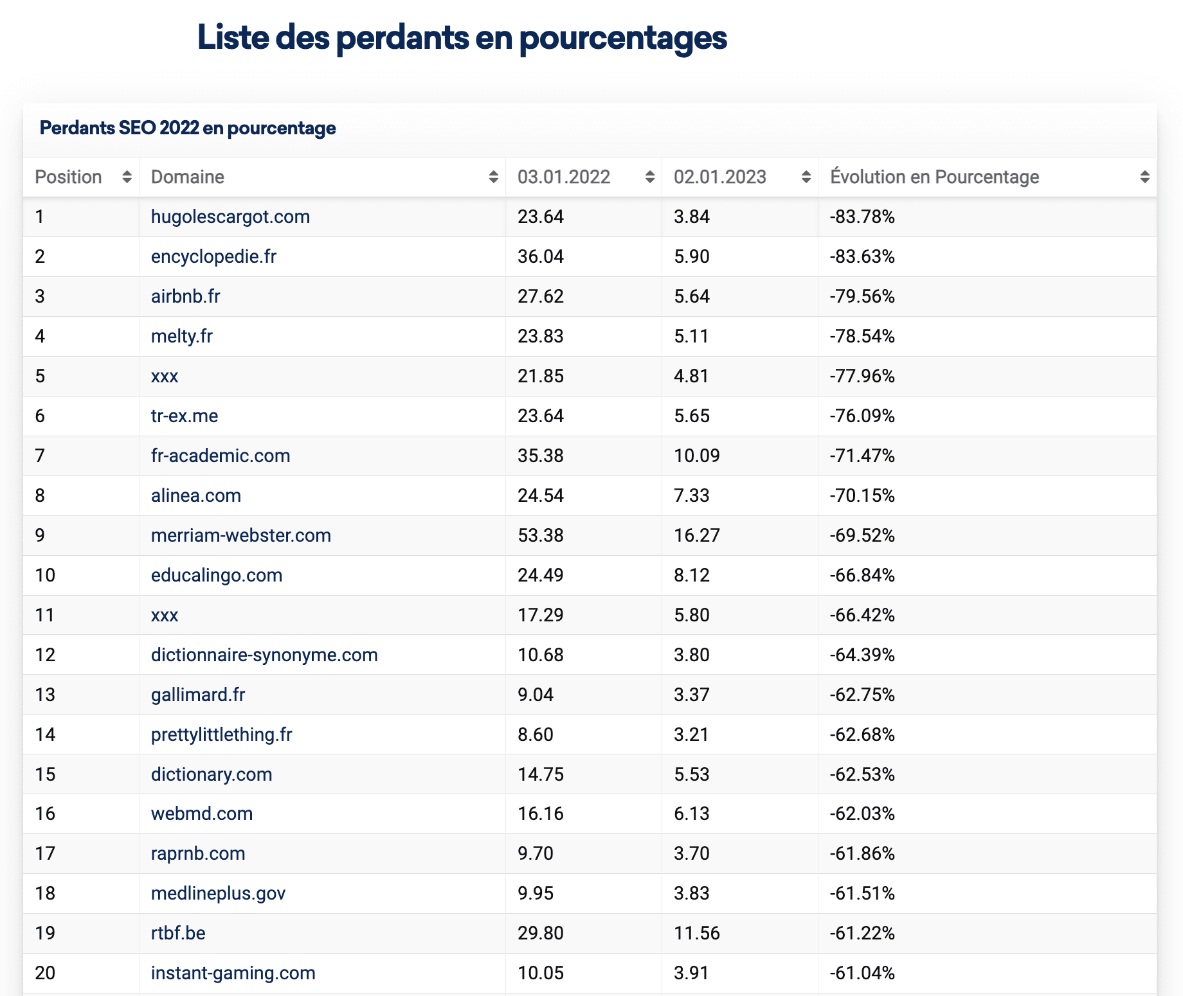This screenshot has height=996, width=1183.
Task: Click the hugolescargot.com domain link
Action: point(230,217)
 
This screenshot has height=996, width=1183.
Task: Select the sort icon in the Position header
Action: point(127,177)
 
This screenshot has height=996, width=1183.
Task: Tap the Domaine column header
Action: point(188,177)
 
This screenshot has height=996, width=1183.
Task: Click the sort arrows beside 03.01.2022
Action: point(650,177)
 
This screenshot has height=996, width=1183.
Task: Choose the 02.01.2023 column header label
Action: point(720,177)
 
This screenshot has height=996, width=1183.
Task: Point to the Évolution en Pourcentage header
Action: point(935,177)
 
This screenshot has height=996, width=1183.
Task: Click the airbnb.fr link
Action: point(186,296)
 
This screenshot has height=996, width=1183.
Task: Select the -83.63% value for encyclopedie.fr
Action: point(862,256)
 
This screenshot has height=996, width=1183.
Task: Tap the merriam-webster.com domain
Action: point(241,535)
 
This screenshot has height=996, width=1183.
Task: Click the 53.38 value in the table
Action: point(541,535)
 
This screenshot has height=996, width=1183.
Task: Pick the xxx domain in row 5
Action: point(165,377)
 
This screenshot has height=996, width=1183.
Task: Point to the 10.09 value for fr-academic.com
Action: point(697,456)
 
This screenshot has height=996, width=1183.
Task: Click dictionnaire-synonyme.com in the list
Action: point(264,655)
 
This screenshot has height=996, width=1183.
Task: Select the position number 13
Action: point(45,695)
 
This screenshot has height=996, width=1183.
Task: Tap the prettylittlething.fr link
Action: point(222,734)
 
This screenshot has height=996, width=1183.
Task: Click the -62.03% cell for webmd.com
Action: point(862,814)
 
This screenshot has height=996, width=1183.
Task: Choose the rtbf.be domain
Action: point(178,933)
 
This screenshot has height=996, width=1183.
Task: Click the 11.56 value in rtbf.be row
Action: point(697,933)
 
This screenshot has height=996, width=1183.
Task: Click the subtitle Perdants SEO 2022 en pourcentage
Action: point(188,129)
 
